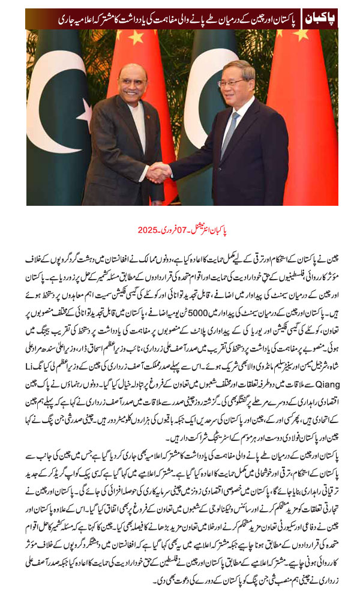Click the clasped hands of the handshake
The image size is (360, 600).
coord(158,173)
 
